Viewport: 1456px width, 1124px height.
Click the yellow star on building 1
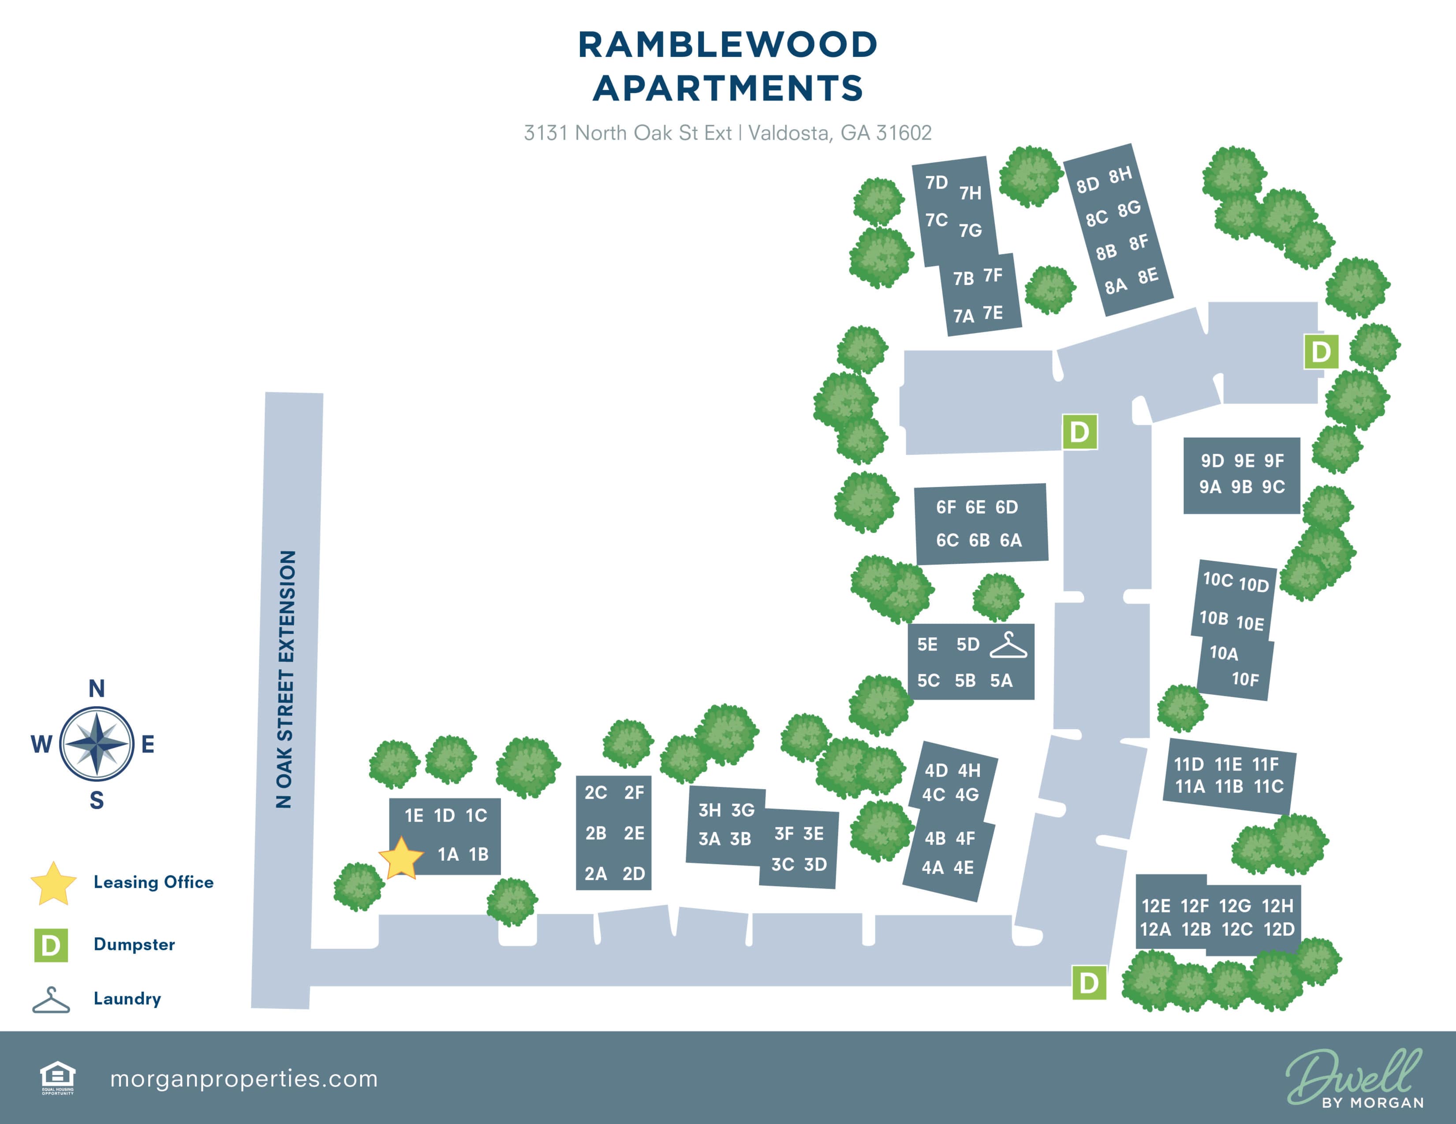401,859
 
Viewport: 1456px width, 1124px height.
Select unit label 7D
936,182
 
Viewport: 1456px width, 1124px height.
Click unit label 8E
1148,276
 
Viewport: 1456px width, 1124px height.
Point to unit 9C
1273,487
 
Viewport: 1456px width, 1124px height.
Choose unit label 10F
1245,680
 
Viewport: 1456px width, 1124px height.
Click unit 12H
1277,906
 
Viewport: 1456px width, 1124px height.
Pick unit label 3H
709,810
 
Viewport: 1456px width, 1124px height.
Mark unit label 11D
1189,764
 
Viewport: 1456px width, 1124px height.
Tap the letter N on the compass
97,688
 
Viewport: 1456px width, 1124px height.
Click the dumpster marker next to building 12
1089,983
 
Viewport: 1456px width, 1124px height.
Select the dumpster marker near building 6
1079,432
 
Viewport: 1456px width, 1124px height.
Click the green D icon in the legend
51,945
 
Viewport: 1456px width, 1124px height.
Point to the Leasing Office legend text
153,882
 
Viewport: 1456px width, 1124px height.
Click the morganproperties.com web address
243,1079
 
